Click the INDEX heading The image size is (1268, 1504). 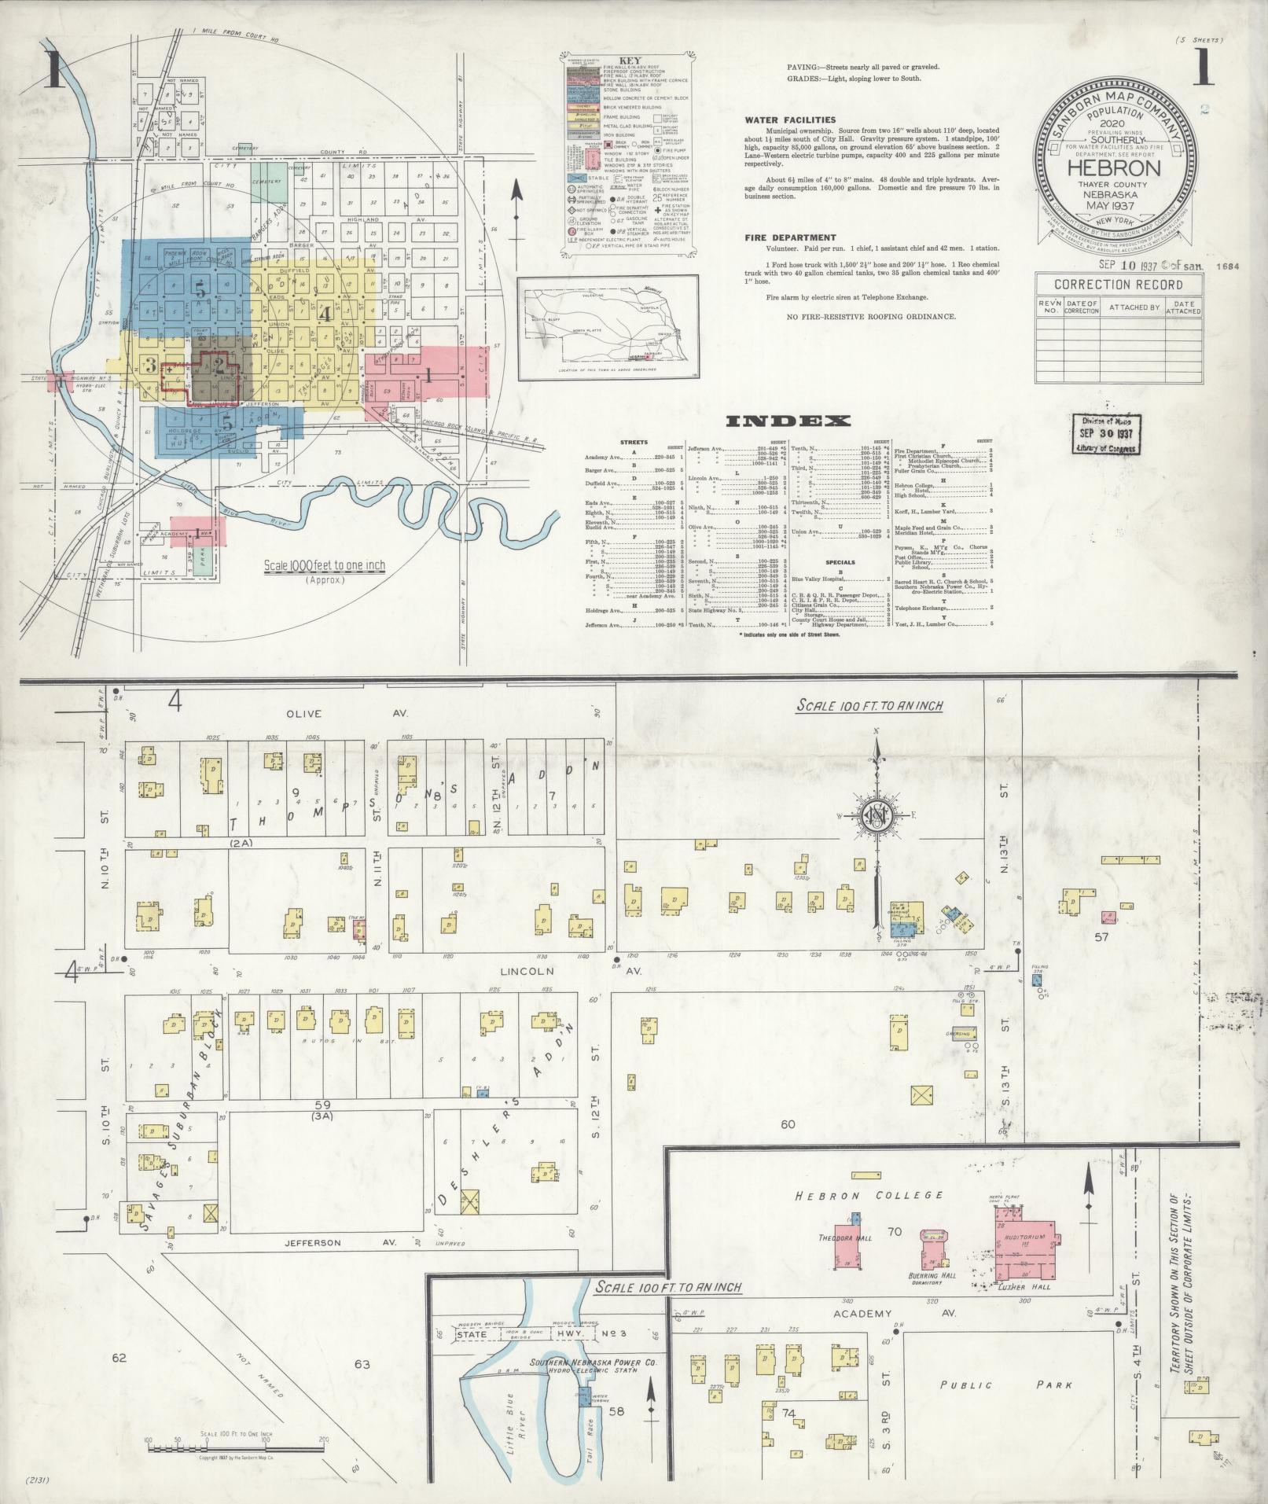(x=788, y=421)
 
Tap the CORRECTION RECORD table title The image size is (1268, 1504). (x=1118, y=285)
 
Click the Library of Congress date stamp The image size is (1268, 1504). (x=1104, y=434)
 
